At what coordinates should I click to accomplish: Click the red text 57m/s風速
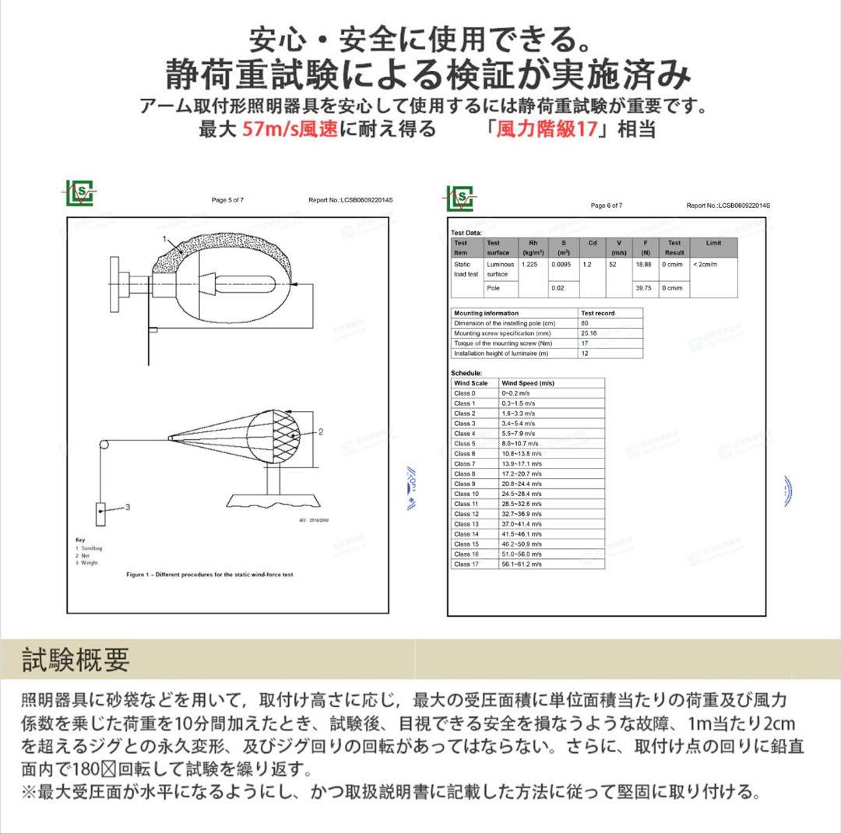[x=290, y=129]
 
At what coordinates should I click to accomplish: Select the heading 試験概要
[x=76, y=660]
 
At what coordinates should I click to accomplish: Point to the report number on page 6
[x=727, y=206]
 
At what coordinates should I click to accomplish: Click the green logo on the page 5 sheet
[x=80, y=192]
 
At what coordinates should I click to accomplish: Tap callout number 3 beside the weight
[x=128, y=508]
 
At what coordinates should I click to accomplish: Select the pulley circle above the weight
[x=103, y=445]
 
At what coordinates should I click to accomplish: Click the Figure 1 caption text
[x=209, y=575]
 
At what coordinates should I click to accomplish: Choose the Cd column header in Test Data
[x=593, y=243]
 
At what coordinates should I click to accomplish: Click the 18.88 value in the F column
[x=643, y=265]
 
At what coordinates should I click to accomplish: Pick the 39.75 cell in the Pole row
[x=643, y=288]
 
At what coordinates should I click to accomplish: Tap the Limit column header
[x=713, y=243]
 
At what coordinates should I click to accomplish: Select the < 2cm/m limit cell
[x=705, y=265]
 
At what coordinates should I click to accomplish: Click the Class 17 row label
[x=466, y=564]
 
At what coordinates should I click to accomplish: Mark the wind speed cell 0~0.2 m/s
[x=518, y=393]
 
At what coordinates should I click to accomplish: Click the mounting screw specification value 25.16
[x=589, y=333]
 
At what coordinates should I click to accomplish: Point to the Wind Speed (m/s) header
[x=528, y=383]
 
